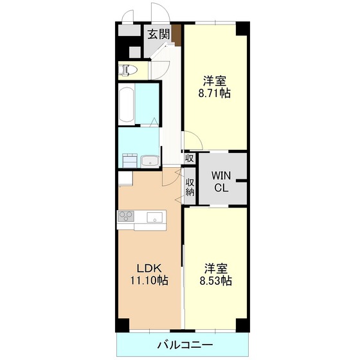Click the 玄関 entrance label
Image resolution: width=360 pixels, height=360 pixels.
pyautogui.click(x=159, y=35)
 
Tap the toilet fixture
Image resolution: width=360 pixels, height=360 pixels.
pyautogui.click(x=128, y=70)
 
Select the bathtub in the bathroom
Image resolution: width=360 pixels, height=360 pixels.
pyautogui.click(x=127, y=104)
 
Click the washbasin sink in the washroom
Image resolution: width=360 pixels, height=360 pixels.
pyautogui.click(x=150, y=161)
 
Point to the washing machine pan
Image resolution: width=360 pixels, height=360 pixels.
pyautogui.click(x=130, y=161)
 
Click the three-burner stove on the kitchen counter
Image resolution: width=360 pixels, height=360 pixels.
pyautogui.click(x=126, y=216)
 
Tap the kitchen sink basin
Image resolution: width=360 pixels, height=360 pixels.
pyautogui.click(x=154, y=217)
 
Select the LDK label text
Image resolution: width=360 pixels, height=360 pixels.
pyautogui.click(x=149, y=268)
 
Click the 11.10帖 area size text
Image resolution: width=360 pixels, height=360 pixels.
pyautogui.click(x=149, y=280)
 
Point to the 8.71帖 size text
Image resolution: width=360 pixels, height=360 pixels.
pyautogui.click(x=215, y=93)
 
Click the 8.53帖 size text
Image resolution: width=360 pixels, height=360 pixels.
pyautogui.click(x=215, y=280)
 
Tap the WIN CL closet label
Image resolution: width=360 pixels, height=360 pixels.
pyautogui.click(x=221, y=181)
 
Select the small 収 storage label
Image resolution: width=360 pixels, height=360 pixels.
pyautogui.click(x=190, y=158)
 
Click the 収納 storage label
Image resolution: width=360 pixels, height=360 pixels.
pyautogui.click(x=190, y=187)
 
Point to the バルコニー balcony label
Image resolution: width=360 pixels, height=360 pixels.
pyautogui.click(x=185, y=345)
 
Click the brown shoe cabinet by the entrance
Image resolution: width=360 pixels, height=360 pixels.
pyautogui.click(x=177, y=34)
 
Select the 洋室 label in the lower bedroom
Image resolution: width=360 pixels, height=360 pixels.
pyautogui.click(x=215, y=269)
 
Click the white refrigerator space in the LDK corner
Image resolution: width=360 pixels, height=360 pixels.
pyautogui.click(x=125, y=179)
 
